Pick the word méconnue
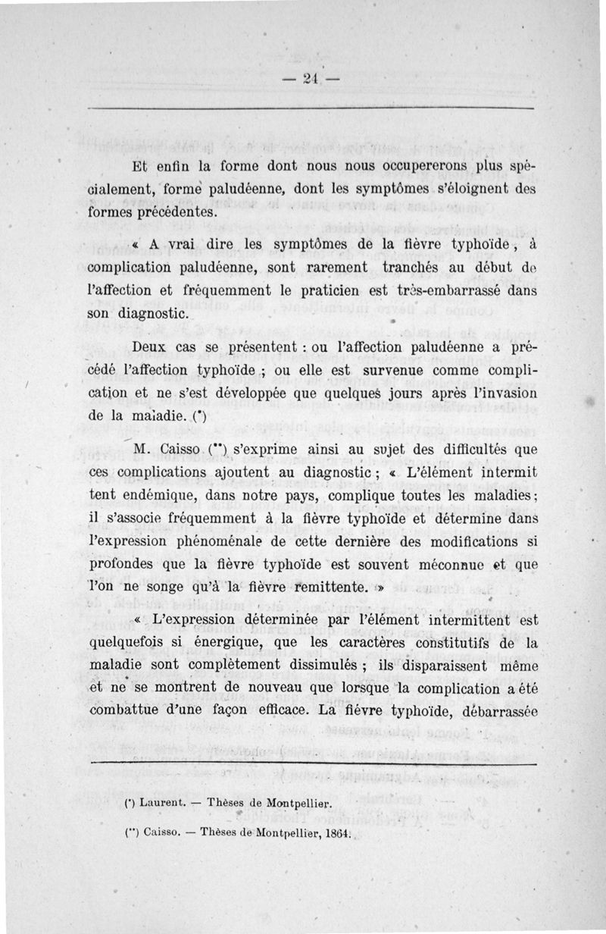tap(447, 564)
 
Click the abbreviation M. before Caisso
tap(143, 450)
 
